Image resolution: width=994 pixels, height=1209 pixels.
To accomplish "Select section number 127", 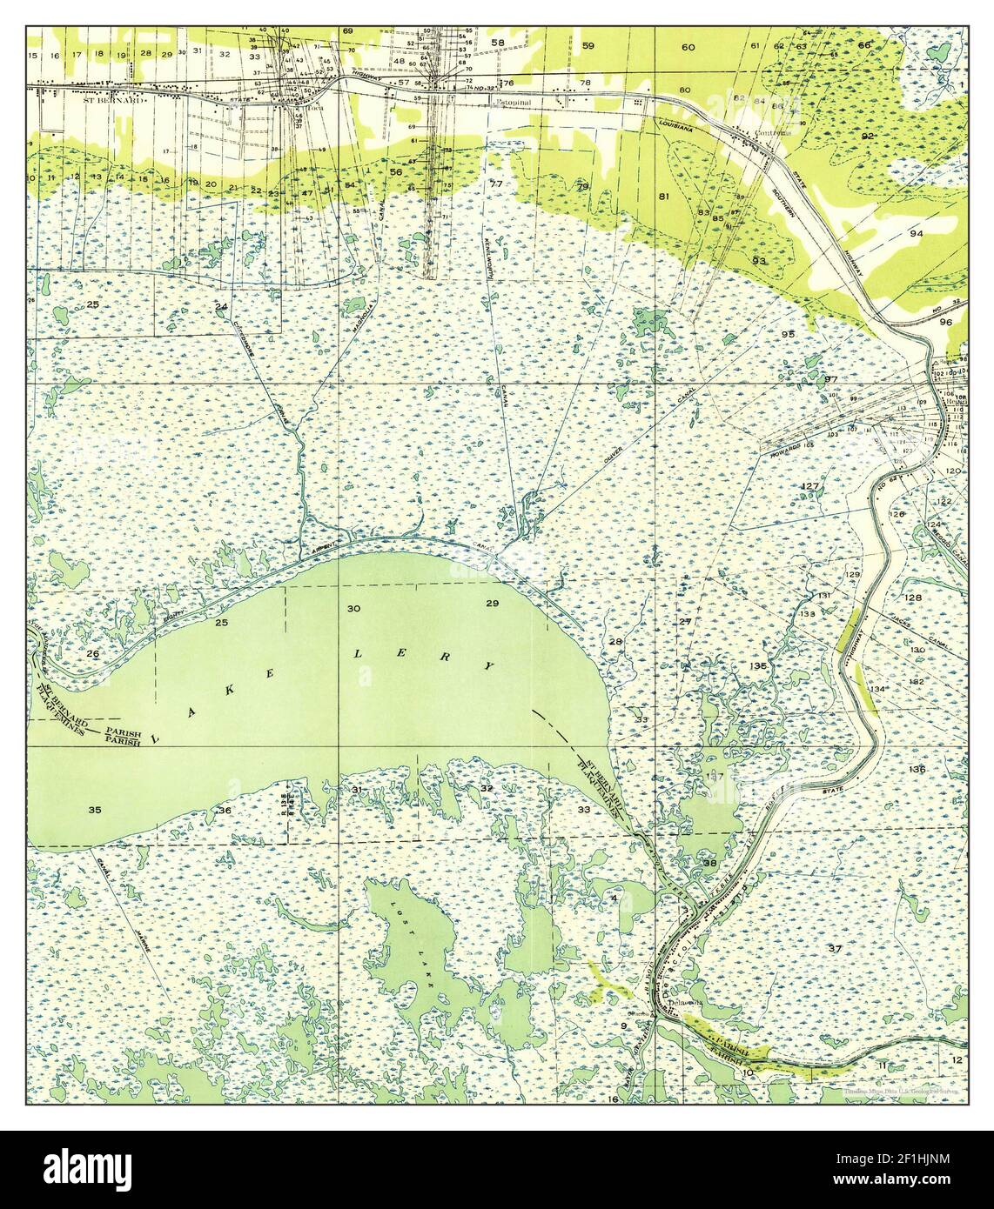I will (810, 485).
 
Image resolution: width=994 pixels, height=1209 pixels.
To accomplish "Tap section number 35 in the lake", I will (95, 810).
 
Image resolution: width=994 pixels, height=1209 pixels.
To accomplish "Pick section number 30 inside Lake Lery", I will (353, 608).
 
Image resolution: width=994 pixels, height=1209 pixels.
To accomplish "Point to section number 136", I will (916, 770).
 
